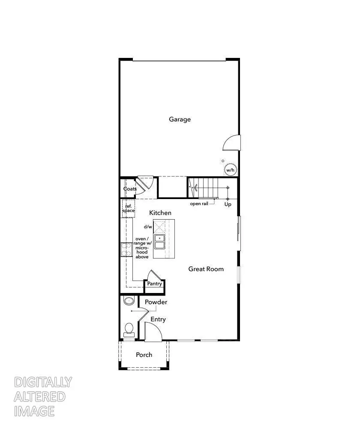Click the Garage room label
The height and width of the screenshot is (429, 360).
(x=180, y=119)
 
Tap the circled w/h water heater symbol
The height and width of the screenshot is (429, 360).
(x=230, y=170)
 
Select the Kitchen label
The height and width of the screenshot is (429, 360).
(x=160, y=213)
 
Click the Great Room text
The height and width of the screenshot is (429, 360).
(x=206, y=269)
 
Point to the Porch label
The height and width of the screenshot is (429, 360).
(x=144, y=355)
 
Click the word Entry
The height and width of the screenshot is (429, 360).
(x=158, y=319)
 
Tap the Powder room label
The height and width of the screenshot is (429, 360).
(x=156, y=302)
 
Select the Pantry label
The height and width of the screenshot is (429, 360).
(x=155, y=284)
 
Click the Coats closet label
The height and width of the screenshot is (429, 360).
(x=130, y=189)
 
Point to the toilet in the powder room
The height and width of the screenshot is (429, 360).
(x=129, y=329)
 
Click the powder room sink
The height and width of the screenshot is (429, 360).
(x=129, y=300)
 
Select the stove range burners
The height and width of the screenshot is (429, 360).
(x=126, y=249)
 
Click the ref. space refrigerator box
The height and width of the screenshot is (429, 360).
(x=129, y=208)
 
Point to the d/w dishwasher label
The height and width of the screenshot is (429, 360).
(x=148, y=227)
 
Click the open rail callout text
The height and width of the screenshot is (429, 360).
(x=199, y=203)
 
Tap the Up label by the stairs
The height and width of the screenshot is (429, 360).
(x=228, y=205)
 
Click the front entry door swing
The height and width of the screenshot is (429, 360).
(x=153, y=332)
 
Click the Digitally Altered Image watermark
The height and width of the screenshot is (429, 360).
(x=43, y=396)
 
